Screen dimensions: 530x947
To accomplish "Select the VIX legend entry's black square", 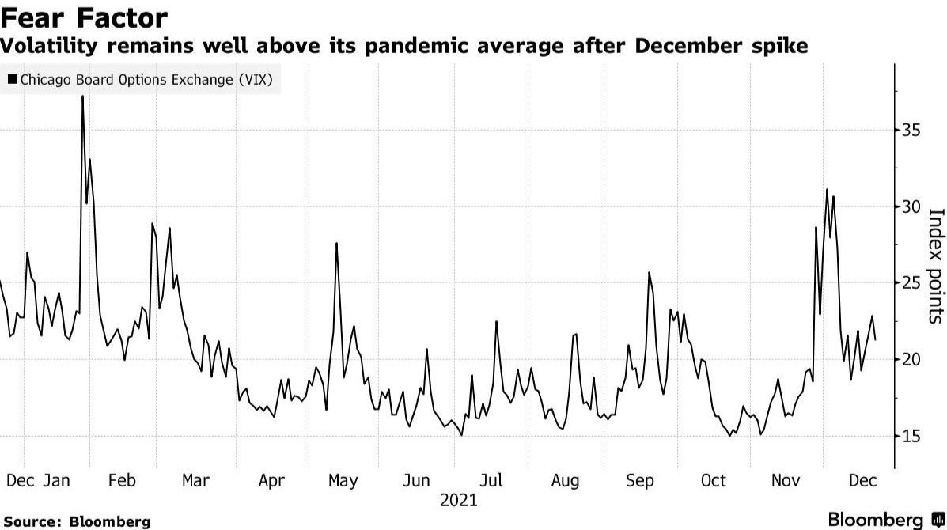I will tap(13, 79).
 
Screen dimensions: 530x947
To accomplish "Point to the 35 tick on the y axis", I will tap(913, 131).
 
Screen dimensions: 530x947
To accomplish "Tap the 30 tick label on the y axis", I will tap(913, 207).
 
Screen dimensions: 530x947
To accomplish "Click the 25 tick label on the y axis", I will tap(913, 283).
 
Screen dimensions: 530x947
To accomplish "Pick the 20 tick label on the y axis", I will tap(913, 360).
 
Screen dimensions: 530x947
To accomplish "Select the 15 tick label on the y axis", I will tap(913, 437).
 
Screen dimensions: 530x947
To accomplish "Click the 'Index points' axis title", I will tap(935, 265).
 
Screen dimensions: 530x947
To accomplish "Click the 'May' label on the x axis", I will tap(343, 480).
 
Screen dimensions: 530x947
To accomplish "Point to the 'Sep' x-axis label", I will tap(639, 480).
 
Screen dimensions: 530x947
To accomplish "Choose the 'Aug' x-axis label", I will tap(565, 480).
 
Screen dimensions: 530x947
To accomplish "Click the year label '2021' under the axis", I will tap(459, 500).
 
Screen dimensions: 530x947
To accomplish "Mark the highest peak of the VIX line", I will tap(82, 97).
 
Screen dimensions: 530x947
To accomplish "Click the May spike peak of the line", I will tap(337, 243).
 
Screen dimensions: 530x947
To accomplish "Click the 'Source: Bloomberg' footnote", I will tap(77, 521).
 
